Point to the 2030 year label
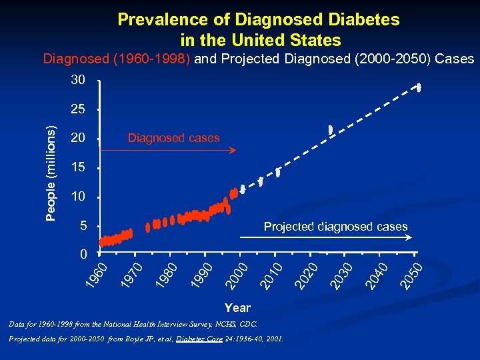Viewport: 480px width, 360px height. click(x=343, y=275)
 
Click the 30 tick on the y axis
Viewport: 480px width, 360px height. click(x=78, y=80)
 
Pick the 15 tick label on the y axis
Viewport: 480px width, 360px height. click(x=78, y=167)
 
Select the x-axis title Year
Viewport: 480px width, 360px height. click(x=237, y=307)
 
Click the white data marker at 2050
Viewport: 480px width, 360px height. click(x=419, y=87)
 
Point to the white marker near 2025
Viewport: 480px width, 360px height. click(x=329, y=129)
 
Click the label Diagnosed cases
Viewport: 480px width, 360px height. click(x=173, y=138)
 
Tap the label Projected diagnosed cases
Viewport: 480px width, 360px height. click(x=335, y=227)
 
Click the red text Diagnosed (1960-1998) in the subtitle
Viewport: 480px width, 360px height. click(x=117, y=59)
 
